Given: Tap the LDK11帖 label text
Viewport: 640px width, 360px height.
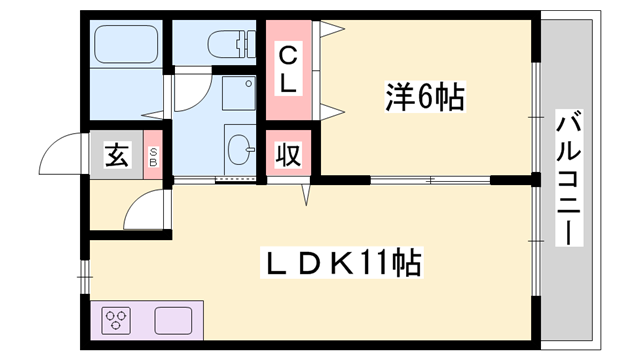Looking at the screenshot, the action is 343,265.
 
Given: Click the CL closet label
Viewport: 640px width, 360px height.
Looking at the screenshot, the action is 288,68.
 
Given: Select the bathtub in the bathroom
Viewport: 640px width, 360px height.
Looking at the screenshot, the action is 126,44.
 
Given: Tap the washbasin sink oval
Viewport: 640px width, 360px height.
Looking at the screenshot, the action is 241,153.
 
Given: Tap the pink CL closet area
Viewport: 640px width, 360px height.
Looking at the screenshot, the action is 288,68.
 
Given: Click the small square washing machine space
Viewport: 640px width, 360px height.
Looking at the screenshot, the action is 238,94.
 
